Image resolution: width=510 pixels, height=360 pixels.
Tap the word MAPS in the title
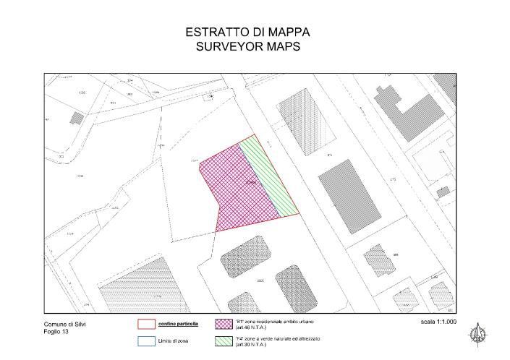(x=283, y=47)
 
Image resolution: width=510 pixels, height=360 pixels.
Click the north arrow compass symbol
(x=477, y=333)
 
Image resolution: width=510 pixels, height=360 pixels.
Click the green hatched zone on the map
(x=270, y=177)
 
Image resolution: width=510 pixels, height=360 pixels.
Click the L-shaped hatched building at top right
(x=409, y=108)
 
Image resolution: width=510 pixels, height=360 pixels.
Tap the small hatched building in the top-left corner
(x=75, y=118)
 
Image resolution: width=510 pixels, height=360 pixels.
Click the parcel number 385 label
(x=396, y=254)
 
